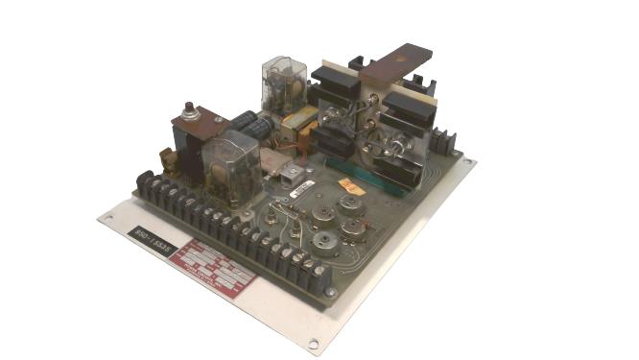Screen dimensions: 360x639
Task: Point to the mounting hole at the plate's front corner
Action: click(313, 343)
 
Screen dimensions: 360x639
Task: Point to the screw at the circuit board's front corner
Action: click(330, 291)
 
